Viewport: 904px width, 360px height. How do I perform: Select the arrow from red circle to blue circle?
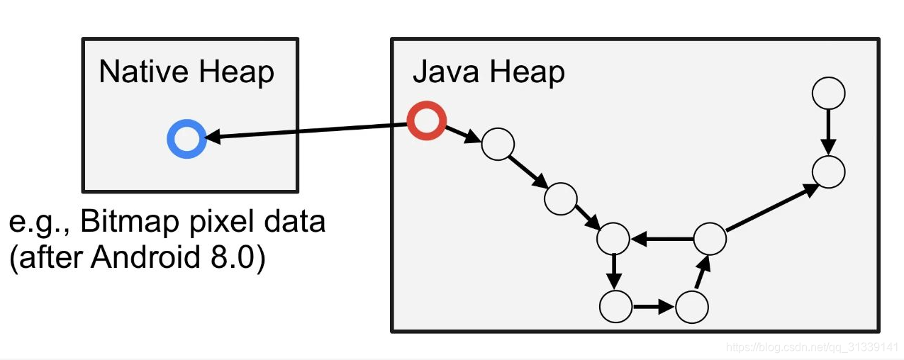coord(307,131)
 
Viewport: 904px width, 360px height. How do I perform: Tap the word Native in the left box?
coord(143,72)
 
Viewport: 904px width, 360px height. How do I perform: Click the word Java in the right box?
coord(446,72)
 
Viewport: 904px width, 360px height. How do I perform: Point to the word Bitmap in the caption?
coord(130,222)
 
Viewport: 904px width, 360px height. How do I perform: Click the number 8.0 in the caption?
coord(232,257)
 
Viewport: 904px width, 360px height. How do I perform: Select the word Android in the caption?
coord(145,257)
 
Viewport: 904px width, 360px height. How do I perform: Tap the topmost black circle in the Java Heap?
coord(829,78)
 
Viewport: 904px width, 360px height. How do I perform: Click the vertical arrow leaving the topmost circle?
coord(829,132)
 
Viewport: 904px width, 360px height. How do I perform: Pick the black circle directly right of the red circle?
coord(498,129)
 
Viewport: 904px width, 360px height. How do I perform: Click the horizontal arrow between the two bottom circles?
coord(654,307)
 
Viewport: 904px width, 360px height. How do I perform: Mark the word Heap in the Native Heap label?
coord(237,72)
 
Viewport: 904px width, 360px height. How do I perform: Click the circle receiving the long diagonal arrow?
coord(829,157)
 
